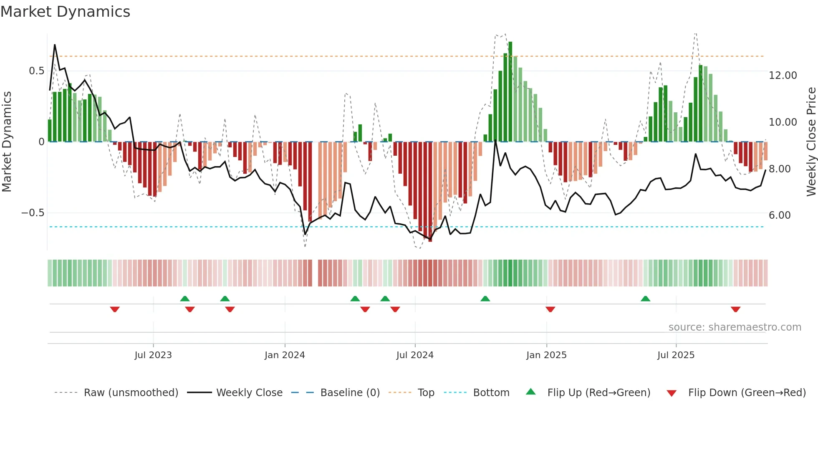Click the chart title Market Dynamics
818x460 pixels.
click(65, 12)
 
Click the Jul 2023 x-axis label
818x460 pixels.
click(153, 355)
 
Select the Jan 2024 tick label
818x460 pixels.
click(285, 355)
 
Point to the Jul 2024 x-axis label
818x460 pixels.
click(415, 355)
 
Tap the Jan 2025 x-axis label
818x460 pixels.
click(546, 355)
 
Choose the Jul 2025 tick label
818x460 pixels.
click(676, 355)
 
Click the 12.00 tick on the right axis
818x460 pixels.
click(783, 76)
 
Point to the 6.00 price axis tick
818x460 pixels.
click(783, 215)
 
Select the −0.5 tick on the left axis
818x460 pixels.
click(33, 213)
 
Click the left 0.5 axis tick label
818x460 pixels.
click(36, 71)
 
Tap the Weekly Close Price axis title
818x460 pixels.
click(811, 142)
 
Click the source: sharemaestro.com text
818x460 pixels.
click(735, 327)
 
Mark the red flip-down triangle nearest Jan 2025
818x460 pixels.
click(550, 309)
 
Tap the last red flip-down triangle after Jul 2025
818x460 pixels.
click(735, 309)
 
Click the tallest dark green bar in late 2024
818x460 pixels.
click(510, 92)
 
